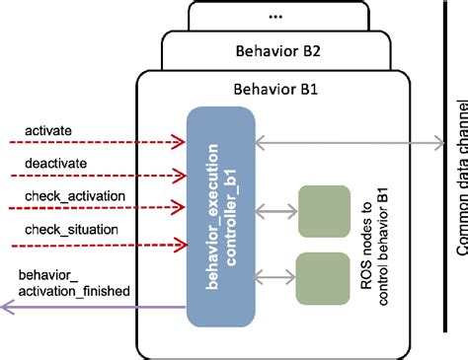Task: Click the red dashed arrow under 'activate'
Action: click(94, 143)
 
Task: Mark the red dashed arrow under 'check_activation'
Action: click(94, 209)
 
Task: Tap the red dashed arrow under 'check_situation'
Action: click(94, 246)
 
